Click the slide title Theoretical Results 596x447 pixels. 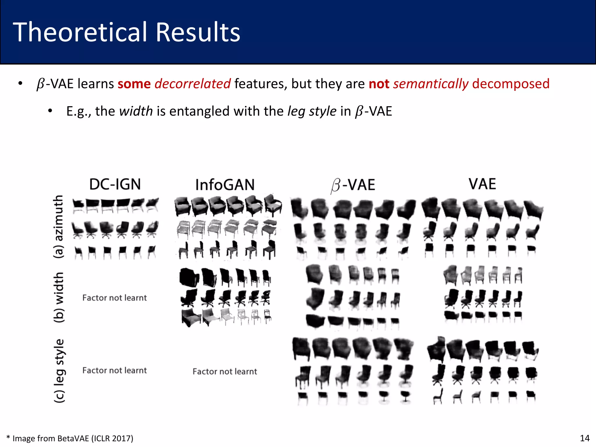pos(127,32)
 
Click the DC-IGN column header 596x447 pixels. pos(115,184)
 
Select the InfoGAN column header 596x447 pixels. pos(225,185)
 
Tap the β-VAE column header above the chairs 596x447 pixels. pos(353,185)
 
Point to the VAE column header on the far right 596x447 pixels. pos(482,184)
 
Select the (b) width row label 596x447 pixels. pos(59,297)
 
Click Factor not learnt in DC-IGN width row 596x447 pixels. pos(114,298)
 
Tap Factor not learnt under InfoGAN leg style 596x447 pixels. pos(225,371)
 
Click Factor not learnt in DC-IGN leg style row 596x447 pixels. pos(114,370)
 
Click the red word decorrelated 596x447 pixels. pos(192,84)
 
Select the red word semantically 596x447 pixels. pos(430,84)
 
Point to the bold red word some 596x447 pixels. pos(134,84)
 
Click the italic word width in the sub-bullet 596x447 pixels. pos(136,111)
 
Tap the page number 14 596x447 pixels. pos(585,438)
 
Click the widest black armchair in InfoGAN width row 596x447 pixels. pos(189,277)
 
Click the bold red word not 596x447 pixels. pos(379,84)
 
